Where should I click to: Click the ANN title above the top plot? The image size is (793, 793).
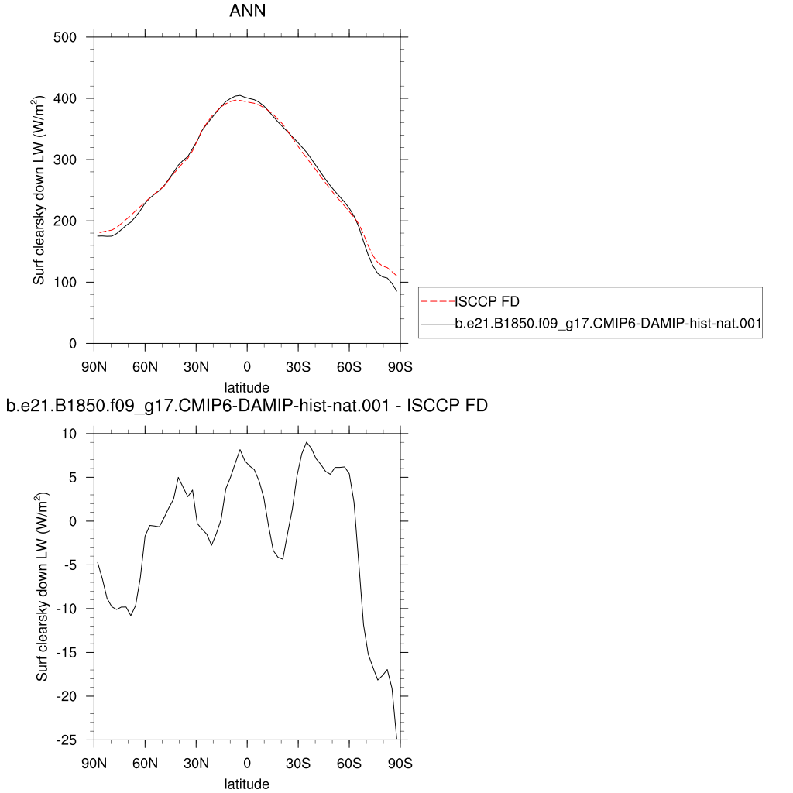coord(247,11)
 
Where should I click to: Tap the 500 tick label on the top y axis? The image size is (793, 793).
coord(65,37)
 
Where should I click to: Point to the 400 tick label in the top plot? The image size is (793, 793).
coord(65,98)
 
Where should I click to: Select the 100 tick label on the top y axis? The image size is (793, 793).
coord(65,283)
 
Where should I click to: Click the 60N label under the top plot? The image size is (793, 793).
coord(145,366)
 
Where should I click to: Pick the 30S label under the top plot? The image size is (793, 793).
coord(298,366)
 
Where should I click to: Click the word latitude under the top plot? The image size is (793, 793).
coord(247,387)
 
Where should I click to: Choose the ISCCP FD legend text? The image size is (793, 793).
coord(487,301)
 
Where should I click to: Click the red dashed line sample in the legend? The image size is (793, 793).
coord(438,301)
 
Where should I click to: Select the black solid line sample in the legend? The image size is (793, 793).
coord(438,323)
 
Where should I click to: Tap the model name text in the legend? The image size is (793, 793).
coord(608,323)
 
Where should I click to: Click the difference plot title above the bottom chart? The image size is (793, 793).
coord(247,406)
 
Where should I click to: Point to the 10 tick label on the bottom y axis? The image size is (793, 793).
coord(69,434)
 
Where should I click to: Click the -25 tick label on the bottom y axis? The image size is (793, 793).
coord(67,740)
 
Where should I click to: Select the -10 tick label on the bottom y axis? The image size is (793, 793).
coord(67,609)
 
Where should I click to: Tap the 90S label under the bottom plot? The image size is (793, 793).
coord(400,763)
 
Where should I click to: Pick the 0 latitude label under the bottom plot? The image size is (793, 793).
coord(247,763)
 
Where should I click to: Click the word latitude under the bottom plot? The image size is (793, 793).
coord(247,784)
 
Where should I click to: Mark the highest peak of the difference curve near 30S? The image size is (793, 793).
coord(307,442)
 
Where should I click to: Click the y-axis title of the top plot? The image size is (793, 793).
coord(39,191)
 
